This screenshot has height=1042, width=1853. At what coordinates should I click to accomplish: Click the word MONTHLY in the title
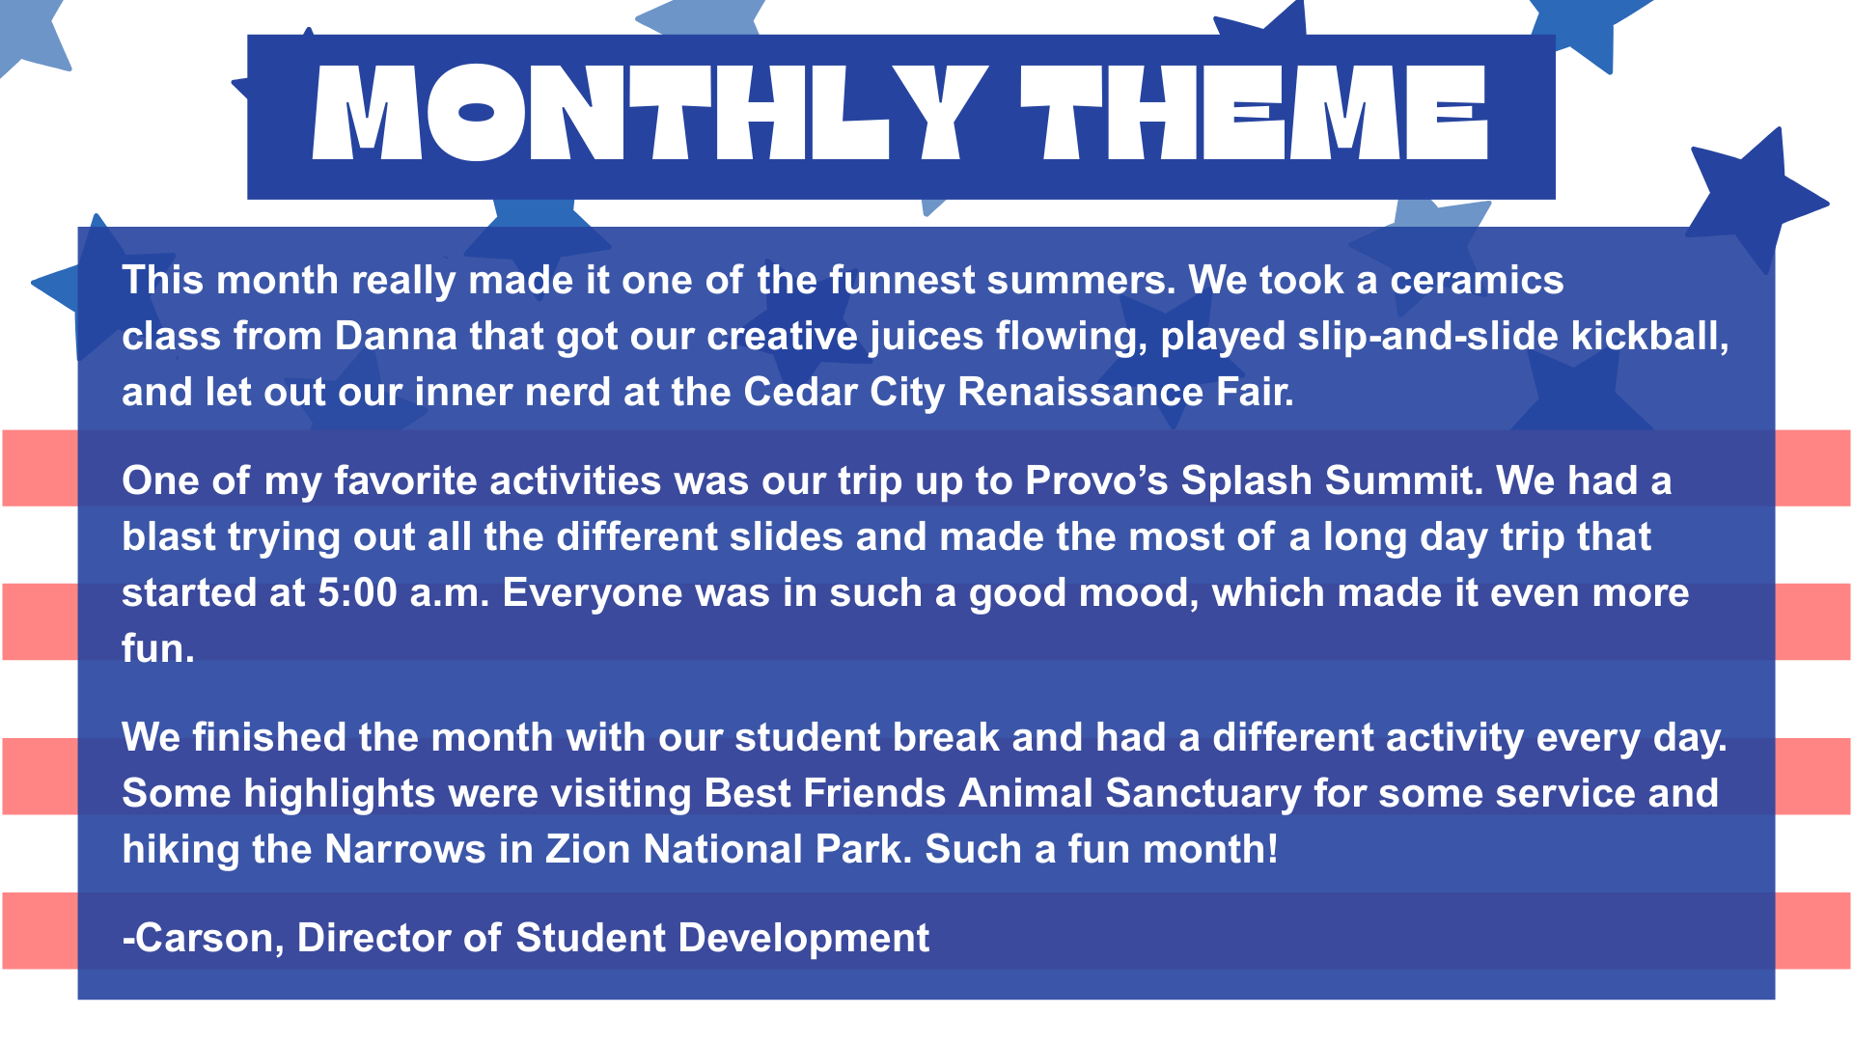click(x=650, y=113)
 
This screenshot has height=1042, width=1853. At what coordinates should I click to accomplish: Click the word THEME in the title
click(x=1255, y=113)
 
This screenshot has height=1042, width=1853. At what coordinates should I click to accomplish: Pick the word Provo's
click(x=1097, y=480)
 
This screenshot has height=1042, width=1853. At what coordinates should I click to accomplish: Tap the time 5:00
click(x=357, y=592)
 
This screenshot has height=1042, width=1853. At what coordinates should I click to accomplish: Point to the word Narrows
click(x=405, y=849)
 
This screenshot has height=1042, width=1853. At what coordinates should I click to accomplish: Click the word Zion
click(x=589, y=849)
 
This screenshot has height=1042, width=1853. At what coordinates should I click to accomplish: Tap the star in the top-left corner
click(x=29, y=34)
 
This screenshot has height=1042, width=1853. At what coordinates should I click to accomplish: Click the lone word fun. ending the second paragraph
click(x=158, y=648)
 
